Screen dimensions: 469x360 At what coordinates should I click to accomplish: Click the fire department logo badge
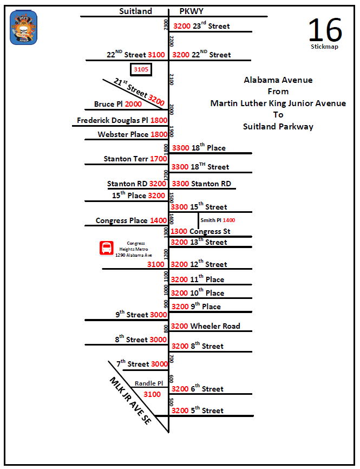[x=23, y=29]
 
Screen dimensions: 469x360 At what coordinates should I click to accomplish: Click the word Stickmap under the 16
[x=324, y=47]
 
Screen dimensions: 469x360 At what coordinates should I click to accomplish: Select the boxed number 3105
[x=141, y=69]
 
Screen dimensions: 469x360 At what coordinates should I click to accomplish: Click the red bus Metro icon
[x=106, y=248]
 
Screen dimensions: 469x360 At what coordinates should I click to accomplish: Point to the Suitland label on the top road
[x=135, y=11]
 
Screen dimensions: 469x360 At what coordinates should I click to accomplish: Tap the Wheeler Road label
[x=215, y=326]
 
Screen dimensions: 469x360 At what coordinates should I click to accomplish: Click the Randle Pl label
[x=149, y=383]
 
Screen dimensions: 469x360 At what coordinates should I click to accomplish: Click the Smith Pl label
[x=211, y=220]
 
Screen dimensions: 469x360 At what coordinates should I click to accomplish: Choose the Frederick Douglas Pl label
[x=113, y=120]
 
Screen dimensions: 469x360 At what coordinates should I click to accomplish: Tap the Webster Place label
[x=123, y=134]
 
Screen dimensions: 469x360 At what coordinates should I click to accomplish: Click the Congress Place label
[x=122, y=220]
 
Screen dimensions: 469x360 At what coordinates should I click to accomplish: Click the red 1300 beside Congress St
[x=179, y=231]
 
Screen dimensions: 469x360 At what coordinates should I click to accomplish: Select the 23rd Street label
[x=211, y=26]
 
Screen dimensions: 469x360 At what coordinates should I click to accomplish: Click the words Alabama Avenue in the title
[x=278, y=80]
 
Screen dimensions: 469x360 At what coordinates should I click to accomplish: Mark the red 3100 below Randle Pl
[x=152, y=394]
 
